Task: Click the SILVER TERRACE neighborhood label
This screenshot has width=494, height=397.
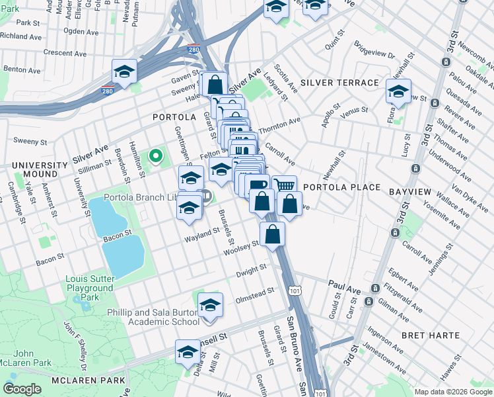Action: point(339,83)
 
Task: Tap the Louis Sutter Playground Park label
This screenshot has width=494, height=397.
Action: point(89,288)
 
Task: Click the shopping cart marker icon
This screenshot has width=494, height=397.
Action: point(284,186)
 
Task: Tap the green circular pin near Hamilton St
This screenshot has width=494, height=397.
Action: point(156,156)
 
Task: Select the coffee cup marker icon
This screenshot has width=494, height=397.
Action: point(258,185)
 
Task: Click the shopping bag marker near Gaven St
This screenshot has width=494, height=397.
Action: point(215,84)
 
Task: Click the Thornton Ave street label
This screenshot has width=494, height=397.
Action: point(279,124)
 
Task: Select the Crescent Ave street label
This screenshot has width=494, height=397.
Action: point(62,52)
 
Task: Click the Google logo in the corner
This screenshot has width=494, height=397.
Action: point(23,389)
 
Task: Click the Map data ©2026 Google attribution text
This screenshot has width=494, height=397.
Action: point(452,392)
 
